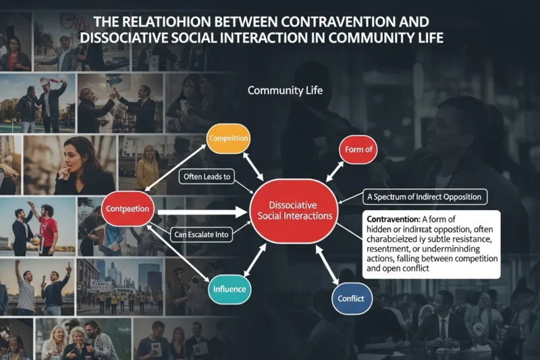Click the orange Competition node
(229, 139)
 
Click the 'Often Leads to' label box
(207, 177)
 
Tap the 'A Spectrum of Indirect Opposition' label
(425, 197)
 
